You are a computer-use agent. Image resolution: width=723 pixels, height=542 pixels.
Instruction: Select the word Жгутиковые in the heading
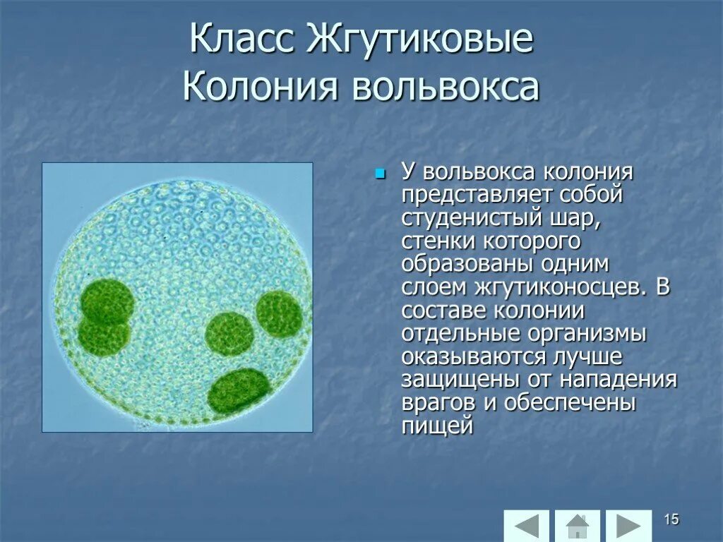(420, 40)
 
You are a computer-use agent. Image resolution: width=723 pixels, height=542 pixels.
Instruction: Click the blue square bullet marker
(381, 173)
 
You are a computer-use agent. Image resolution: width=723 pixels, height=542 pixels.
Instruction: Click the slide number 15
(671, 520)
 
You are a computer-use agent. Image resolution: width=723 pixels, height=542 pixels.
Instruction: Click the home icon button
(578, 526)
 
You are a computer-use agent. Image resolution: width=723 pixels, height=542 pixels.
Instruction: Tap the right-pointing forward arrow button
(628, 526)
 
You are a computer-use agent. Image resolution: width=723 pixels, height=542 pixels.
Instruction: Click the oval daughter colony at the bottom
(239, 390)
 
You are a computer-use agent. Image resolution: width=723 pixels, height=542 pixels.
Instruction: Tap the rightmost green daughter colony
(280, 313)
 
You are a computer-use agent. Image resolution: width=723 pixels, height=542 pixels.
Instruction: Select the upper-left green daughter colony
(106, 302)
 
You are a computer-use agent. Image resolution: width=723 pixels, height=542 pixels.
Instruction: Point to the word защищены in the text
(460, 380)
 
